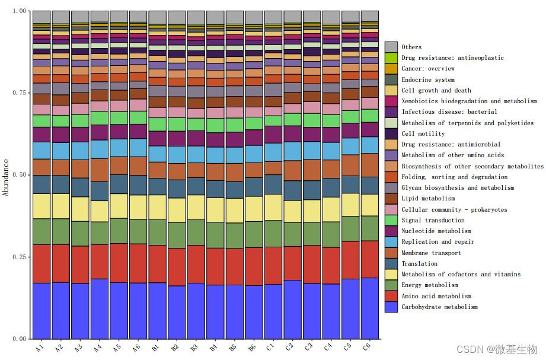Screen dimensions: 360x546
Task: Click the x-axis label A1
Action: click(x=40, y=346)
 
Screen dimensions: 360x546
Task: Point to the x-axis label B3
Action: click(x=194, y=346)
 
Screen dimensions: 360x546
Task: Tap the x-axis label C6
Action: click(x=368, y=346)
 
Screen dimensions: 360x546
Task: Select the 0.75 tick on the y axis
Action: click(x=19, y=93)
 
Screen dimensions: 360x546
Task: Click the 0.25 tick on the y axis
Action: click(x=19, y=257)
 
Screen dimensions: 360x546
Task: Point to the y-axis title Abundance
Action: click(x=6, y=177)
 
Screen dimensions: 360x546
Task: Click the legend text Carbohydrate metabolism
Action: click(x=439, y=307)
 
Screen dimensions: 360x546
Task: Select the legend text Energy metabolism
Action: click(x=429, y=285)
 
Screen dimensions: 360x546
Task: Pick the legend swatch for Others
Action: click(x=391, y=47)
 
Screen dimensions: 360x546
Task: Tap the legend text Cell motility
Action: click(x=423, y=133)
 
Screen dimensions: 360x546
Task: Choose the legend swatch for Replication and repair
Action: click(x=391, y=242)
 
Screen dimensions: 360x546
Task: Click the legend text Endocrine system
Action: click(x=428, y=79)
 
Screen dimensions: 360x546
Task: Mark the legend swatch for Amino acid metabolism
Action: click(x=391, y=296)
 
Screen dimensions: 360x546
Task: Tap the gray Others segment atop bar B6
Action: click(x=254, y=17)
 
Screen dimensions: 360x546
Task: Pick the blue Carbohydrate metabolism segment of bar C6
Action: click(x=370, y=308)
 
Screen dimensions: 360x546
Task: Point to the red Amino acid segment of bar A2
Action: click(x=61, y=263)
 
